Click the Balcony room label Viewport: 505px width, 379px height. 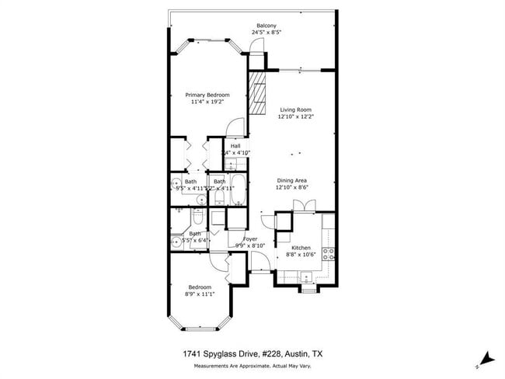pos(266,26)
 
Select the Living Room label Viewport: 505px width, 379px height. pos(294,110)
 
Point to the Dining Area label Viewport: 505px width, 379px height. pos(293,180)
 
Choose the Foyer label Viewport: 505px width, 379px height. pos(250,238)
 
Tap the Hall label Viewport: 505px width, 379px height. pos(235,145)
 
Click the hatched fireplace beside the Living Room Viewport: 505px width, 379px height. pos(257,91)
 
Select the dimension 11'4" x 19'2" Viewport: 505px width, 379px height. pos(207,102)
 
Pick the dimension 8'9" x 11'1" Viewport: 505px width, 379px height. pos(200,294)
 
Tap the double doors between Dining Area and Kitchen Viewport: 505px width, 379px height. pos(301,205)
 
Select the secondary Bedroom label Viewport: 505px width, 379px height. pos(200,287)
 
